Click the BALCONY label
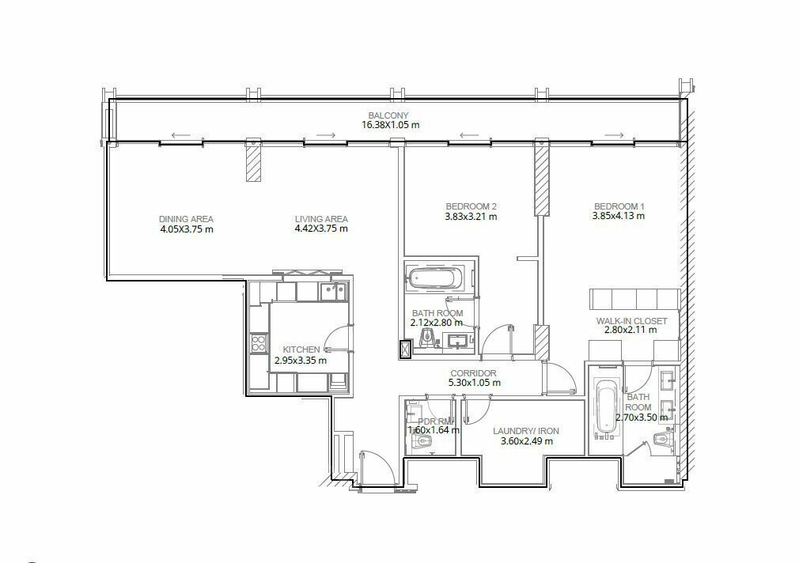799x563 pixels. click(x=388, y=115)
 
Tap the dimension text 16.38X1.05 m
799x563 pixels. click(x=390, y=125)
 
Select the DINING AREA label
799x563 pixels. click(x=186, y=219)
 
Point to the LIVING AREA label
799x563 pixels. click(x=321, y=219)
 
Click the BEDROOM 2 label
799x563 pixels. click(x=471, y=206)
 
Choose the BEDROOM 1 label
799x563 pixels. click(x=619, y=206)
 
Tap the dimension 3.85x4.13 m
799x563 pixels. click(x=618, y=216)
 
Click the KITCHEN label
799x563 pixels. click(x=301, y=350)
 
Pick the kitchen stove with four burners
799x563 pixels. click(x=259, y=342)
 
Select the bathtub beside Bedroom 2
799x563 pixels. click(x=435, y=278)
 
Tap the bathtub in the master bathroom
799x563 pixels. click(x=606, y=407)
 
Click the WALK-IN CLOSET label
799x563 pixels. click(x=631, y=321)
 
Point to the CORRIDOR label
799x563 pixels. click(x=473, y=373)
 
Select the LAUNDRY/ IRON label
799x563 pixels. click(x=526, y=431)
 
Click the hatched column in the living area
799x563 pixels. click(x=253, y=161)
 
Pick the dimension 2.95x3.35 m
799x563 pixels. click(x=301, y=361)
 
